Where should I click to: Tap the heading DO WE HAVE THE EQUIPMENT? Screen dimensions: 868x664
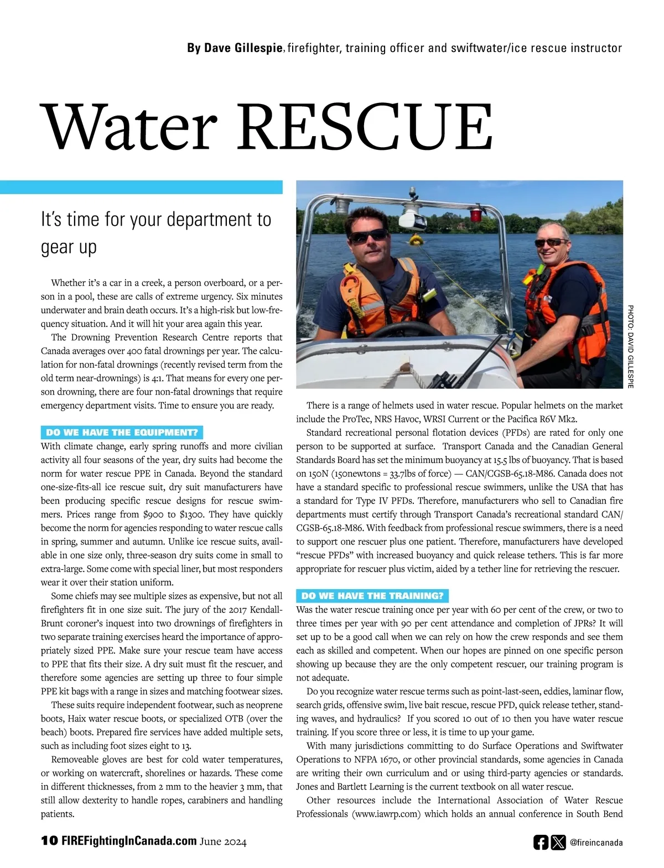122,433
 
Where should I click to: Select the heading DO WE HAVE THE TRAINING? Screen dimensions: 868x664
372,596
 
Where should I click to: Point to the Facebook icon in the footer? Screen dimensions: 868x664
541,843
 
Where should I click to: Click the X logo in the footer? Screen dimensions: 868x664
558,843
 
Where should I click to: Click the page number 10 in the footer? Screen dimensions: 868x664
49,841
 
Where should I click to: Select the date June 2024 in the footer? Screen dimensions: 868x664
224,842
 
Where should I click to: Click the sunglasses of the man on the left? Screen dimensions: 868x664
369,236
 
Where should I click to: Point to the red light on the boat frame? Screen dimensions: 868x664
475,213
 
